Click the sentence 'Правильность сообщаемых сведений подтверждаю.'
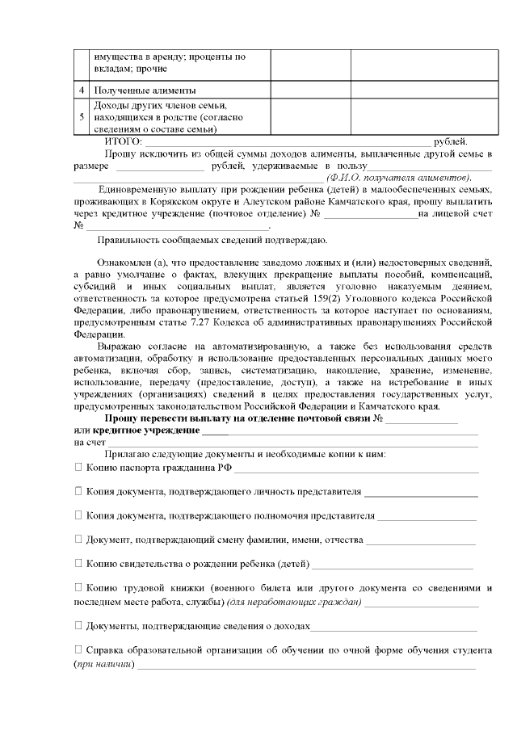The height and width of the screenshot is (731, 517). pyautogui.click(x=212, y=240)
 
